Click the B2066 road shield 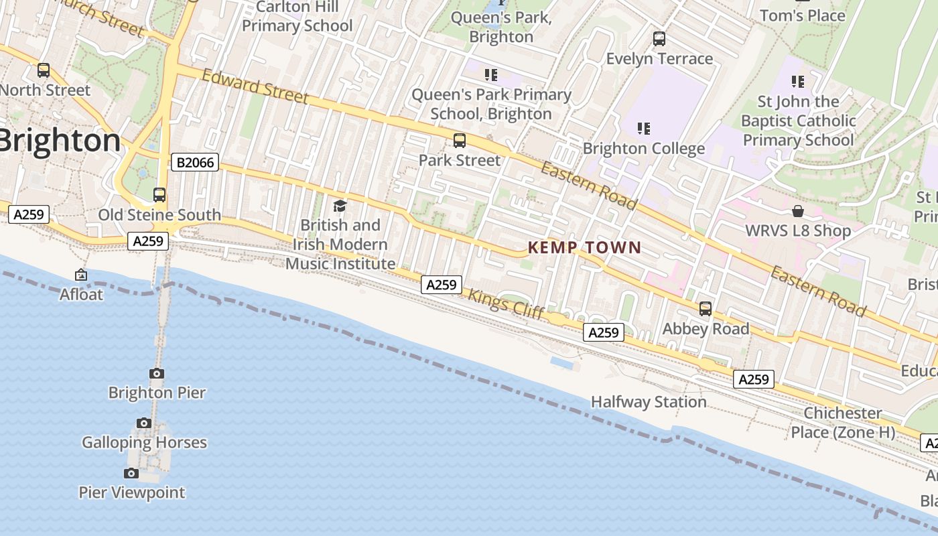coord(195,162)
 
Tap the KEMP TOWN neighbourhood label coord(584,247)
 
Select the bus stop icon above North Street coord(44,70)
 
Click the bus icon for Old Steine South coord(159,195)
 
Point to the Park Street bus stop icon coord(460,141)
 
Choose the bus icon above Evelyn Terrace coord(659,39)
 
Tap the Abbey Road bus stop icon coord(706,309)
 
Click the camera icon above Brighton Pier coord(157,373)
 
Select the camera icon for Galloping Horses coord(144,423)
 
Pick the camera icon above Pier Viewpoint coord(131,473)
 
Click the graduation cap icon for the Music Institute coord(340,206)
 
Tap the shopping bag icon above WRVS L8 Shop coord(798,211)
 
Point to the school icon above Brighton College coord(644,128)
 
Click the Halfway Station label coord(649,402)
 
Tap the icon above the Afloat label coord(81,275)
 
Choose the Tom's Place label coord(802,15)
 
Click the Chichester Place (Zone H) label coord(843,422)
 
